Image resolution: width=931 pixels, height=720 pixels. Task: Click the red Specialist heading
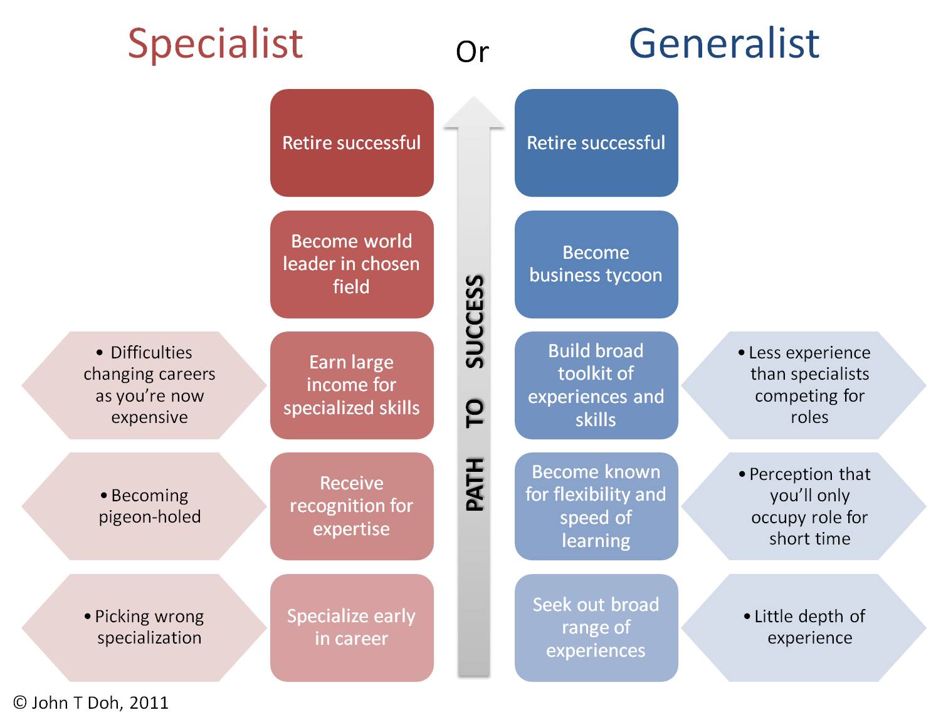[x=215, y=44]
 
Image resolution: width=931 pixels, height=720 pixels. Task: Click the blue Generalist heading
[x=724, y=44]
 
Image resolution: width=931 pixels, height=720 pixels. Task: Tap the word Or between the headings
[x=472, y=52]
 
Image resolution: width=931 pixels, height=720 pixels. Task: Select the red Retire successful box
[x=352, y=143]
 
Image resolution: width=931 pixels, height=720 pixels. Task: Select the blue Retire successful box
[x=596, y=143]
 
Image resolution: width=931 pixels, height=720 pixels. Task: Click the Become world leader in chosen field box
[x=352, y=264]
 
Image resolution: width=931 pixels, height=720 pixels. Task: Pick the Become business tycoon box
[x=596, y=264]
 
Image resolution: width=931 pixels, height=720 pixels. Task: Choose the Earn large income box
[x=352, y=385]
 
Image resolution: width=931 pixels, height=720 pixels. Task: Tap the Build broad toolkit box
[x=596, y=385]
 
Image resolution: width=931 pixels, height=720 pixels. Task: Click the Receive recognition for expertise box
[x=352, y=506]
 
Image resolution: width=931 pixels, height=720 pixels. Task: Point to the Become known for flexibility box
[x=596, y=506]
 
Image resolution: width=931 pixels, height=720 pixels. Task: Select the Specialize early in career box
[x=352, y=627]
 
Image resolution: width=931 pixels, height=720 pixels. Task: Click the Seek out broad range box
[x=596, y=627]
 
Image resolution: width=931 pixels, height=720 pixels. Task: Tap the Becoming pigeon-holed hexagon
[x=144, y=506]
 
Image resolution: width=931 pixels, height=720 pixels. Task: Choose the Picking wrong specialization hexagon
[x=144, y=627]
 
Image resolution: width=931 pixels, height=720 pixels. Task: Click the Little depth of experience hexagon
[x=804, y=627]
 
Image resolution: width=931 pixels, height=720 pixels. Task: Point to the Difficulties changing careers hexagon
[x=144, y=385]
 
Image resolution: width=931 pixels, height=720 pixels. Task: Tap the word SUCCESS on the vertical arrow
[x=475, y=321]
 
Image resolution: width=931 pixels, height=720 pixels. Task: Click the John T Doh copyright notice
[x=91, y=702]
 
